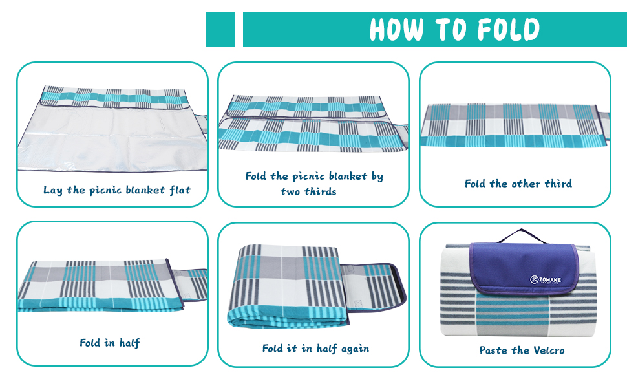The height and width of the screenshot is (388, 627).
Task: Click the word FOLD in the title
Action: click(x=509, y=29)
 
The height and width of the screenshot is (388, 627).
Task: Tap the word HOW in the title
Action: click(x=397, y=29)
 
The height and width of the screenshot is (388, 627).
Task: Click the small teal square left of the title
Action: click(x=220, y=29)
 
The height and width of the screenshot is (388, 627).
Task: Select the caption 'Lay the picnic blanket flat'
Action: click(x=117, y=190)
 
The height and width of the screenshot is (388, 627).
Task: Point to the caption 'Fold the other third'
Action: click(x=518, y=184)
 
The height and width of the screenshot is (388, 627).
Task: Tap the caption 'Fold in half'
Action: click(x=110, y=343)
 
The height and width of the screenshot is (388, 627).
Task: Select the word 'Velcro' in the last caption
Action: click(x=549, y=350)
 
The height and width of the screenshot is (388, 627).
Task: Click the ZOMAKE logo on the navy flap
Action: click(x=546, y=279)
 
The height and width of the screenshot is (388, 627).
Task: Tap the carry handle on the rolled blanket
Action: click(x=522, y=235)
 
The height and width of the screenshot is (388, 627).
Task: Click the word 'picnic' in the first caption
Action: click(x=105, y=190)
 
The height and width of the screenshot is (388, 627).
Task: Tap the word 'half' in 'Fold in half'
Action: click(x=129, y=343)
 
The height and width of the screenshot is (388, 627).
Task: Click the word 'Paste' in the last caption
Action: click(x=493, y=350)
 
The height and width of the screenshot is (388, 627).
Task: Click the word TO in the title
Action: click(x=451, y=29)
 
